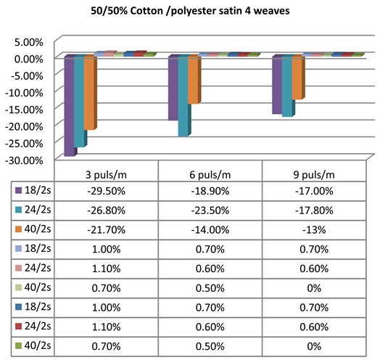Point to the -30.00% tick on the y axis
point(28,160)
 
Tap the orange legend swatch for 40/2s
point(20,229)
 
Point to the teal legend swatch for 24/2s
point(20,210)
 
